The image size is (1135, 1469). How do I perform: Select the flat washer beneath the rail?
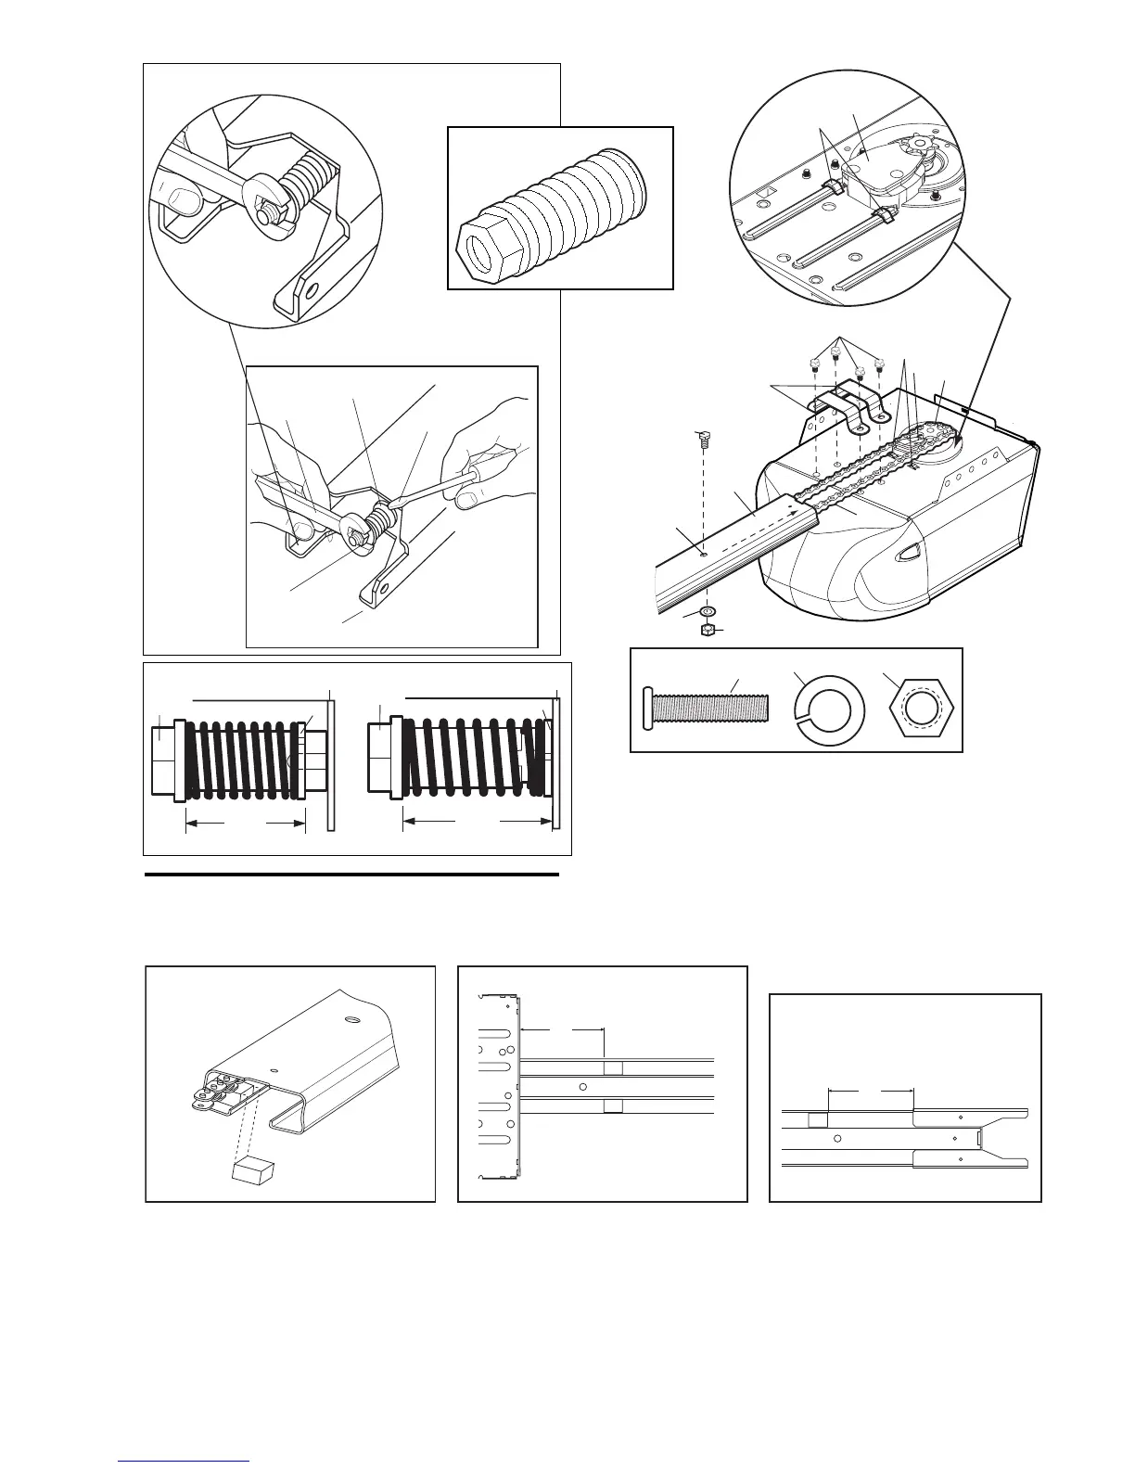708,612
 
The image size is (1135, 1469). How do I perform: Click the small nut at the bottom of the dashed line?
707,631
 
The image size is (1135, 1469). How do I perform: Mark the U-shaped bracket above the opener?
846,408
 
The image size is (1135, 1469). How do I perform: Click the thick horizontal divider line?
352,874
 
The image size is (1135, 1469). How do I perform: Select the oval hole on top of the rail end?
352,1018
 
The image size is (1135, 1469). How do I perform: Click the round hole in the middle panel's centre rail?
581,1086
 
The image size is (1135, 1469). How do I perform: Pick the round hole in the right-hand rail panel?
837,1137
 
